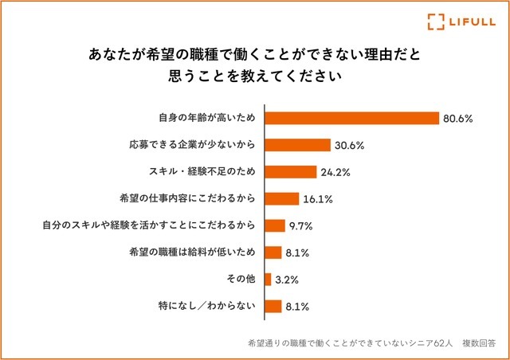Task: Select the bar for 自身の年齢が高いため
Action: [x=351, y=118]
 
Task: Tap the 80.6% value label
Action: [x=459, y=119]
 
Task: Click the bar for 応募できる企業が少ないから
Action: [x=296, y=145]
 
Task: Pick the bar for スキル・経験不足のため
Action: [x=290, y=171]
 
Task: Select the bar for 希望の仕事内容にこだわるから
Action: [x=281, y=198]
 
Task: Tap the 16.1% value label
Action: [x=318, y=199]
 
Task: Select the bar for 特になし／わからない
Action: [x=273, y=306]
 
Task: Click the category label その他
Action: [x=240, y=279]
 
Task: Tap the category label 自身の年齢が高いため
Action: [x=206, y=118]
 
